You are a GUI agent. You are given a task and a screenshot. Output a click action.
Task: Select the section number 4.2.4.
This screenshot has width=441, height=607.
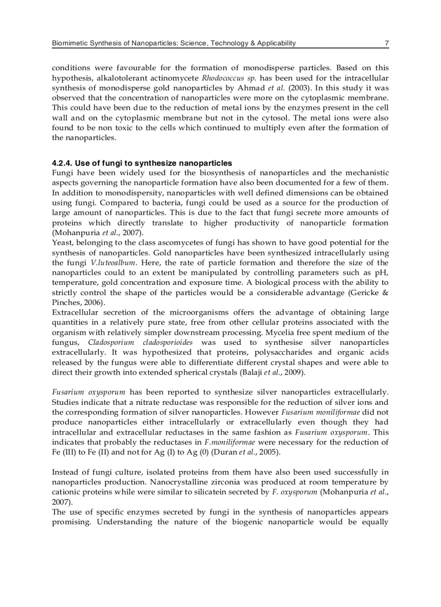62,163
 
